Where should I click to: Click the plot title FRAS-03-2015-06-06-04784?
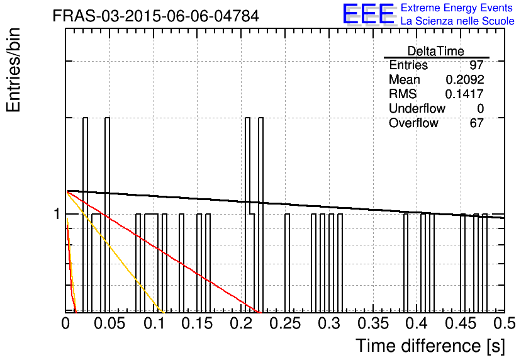pyautogui.click(x=155, y=16)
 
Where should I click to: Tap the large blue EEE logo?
pyautogui.click(x=368, y=14)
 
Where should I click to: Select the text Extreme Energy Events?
pyautogui.click(x=457, y=8)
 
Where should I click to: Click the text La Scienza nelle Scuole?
pyautogui.click(x=457, y=21)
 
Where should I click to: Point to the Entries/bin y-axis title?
pyautogui.click(x=13, y=70)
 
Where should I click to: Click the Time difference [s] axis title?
pyautogui.click(x=430, y=346)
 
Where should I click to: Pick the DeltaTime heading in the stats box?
pyautogui.click(x=435, y=51)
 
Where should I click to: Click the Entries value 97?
pyautogui.click(x=476, y=65)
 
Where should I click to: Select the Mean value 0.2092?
pyautogui.click(x=464, y=79)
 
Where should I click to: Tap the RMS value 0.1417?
pyautogui.click(x=464, y=94)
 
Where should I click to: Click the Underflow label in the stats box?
pyautogui.click(x=417, y=108)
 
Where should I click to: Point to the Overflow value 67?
pyautogui.click(x=476, y=123)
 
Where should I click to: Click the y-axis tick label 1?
pyautogui.click(x=57, y=214)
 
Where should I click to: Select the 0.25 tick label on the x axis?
pyautogui.click(x=285, y=323)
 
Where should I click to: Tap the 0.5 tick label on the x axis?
pyautogui.click(x=505, y=323)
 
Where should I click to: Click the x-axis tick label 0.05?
pyautogui.click(x=109, y=323)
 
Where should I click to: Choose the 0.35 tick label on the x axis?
pyautogui.click(x=373, y=323)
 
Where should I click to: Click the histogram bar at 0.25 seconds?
pyautogui.click(x=287, y=263)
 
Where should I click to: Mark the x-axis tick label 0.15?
pyautogui.click(x=198, y=323)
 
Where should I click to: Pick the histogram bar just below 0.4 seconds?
pyautogui.click(x=406, y=263)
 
